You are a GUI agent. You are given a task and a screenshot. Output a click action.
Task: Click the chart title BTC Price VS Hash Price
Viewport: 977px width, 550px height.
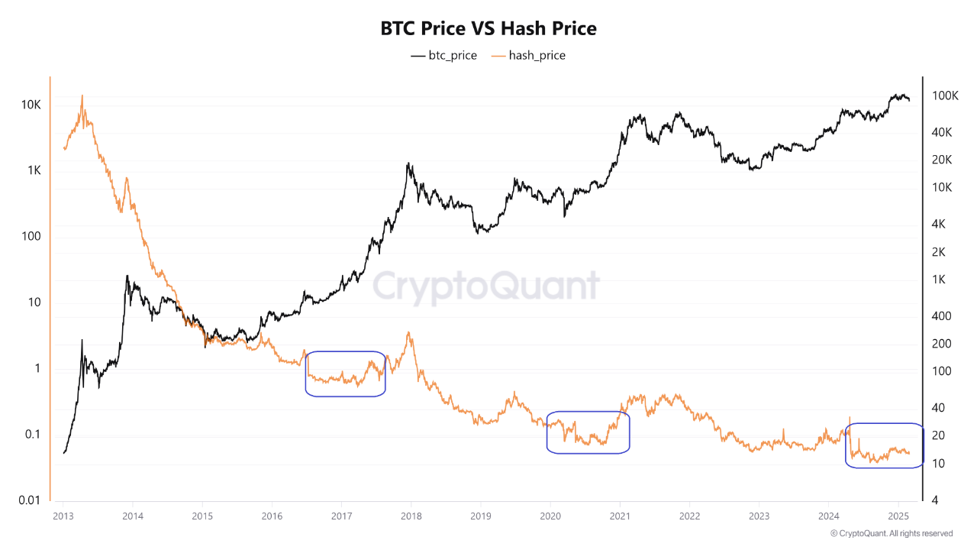point(488,29)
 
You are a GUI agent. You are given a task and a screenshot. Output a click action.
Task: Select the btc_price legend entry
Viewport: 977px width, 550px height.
point(443,55)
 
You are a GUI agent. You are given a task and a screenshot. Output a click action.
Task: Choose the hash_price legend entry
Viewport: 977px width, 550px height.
point(528,55)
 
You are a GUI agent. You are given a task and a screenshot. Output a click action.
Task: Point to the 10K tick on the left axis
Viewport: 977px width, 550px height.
point(31,105)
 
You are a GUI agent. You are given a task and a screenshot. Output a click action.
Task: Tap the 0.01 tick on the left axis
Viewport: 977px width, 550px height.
point(29,500)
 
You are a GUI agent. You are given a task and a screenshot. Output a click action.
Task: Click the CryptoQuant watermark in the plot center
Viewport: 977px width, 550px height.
point(486,286)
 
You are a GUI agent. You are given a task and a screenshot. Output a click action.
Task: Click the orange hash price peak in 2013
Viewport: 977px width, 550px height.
point(82,96)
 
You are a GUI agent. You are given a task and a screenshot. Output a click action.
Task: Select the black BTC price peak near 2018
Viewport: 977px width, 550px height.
point(409,163)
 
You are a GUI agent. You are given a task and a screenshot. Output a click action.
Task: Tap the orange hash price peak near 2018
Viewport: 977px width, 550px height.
point(410,332)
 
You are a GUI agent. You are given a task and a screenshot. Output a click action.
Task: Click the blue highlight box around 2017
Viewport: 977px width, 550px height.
point(345,374)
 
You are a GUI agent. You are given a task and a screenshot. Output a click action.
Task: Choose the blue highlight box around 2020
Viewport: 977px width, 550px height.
point(588,432)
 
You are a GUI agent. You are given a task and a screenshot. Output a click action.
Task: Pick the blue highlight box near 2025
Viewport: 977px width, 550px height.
point(885,445)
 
